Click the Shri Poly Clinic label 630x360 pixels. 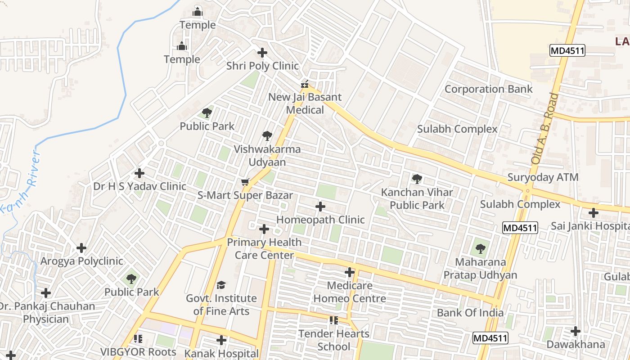click(262, 66)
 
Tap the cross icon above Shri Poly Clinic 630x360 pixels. click(262, 53)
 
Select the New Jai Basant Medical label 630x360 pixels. click(305, 103)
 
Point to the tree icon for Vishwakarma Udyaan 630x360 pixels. click(267, 135)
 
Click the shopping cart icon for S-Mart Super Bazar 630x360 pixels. click(245, 182)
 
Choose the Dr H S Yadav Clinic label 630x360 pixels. click(139, 186)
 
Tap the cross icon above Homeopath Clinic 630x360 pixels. click(320, 207)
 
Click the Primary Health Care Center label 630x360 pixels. click(264, 248)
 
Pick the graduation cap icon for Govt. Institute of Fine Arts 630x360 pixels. click(221, 285)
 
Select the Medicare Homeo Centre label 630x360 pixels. click(350, 292)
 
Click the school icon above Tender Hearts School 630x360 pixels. click(333, 320)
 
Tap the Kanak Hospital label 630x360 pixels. click(221, 354)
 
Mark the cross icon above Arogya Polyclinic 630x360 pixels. click(81, 248)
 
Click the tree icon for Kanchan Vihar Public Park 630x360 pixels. click(417, 179)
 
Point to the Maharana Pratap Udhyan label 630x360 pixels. click(480, 268)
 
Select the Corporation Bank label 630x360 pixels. click(488, 89)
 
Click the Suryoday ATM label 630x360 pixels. click(543, 177)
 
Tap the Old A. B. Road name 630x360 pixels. click(544, 128)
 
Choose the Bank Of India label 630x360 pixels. click(470, 313)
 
